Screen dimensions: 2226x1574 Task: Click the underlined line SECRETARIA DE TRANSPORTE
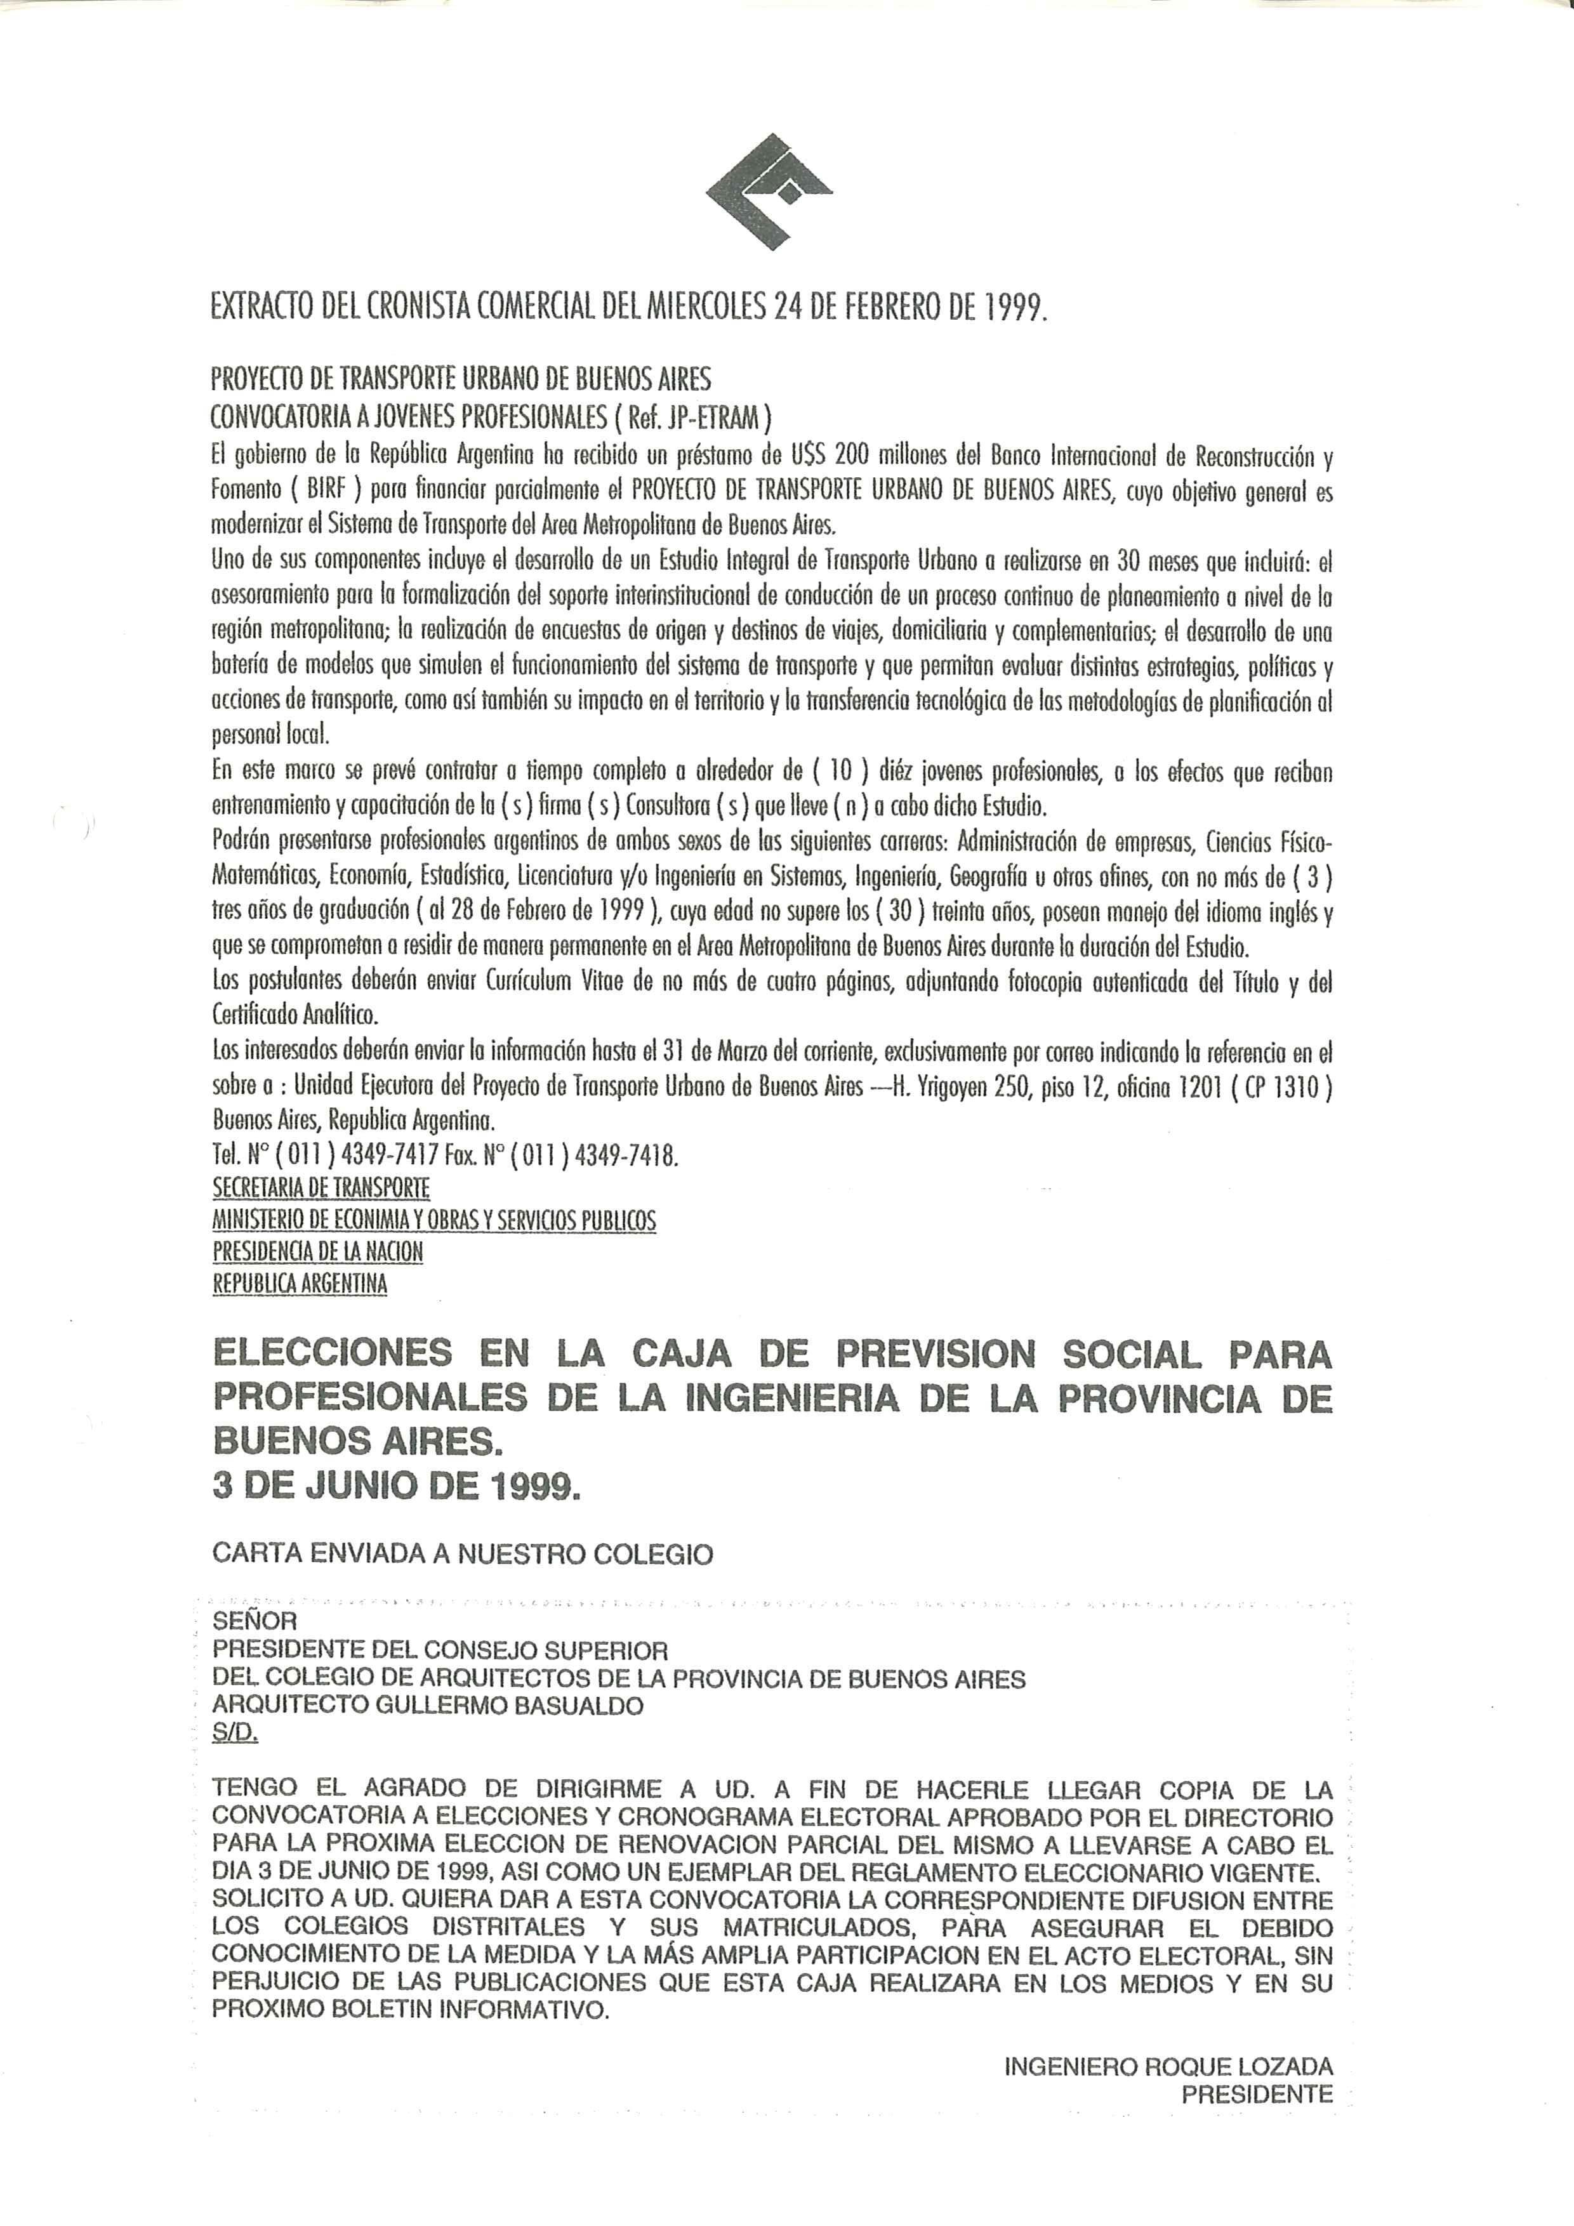click(x=321, y=1188)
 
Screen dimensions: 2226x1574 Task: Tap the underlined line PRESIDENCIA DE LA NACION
click(x=318, y=1251)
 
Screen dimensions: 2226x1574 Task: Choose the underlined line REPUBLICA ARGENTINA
click(x=300, y=1284)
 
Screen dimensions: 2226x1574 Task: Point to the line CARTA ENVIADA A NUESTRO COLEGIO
click(x=463, y=1554)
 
